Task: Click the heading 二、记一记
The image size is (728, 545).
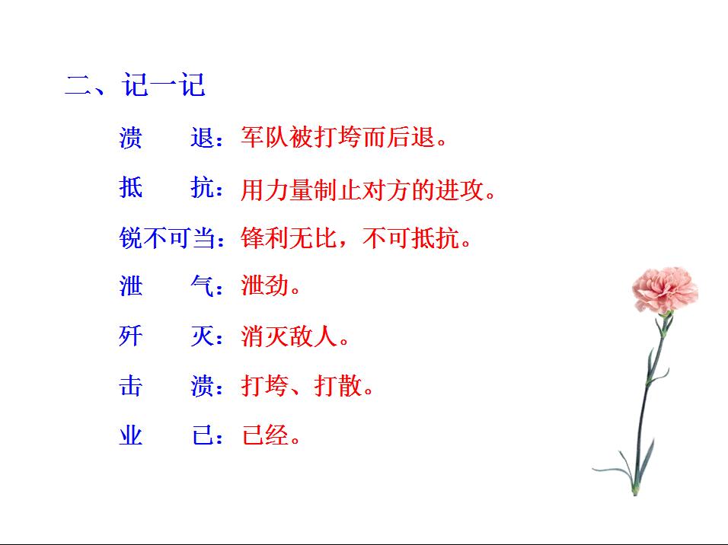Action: click(135, 85)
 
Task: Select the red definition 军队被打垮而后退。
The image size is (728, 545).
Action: click(343, 139)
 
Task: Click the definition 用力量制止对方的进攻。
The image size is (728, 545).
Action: click(369, 190)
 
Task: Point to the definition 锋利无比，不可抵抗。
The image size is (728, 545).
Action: click(356, 239)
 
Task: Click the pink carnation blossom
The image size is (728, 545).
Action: click(664, 290)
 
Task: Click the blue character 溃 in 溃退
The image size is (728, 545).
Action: click(131, 139)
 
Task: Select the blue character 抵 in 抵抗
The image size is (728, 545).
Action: click(131, 187)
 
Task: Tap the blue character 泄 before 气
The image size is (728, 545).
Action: click(131, 286)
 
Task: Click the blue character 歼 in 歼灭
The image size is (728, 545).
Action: click(131, 336)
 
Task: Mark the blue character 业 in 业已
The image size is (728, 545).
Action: click(131, 436)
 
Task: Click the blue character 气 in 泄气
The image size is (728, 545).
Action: click(202, 286)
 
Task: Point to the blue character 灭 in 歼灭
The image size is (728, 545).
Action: click(202, 336)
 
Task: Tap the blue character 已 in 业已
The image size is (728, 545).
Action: click(202, 436)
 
